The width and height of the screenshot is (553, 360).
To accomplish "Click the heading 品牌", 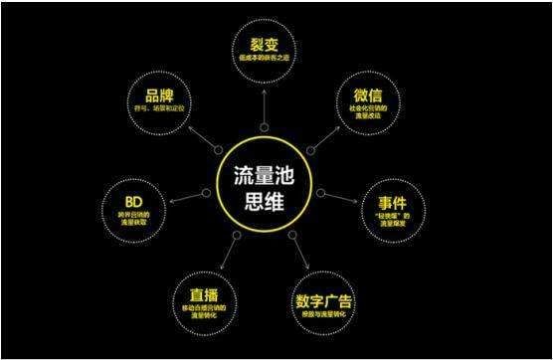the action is [x=159, y=97].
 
